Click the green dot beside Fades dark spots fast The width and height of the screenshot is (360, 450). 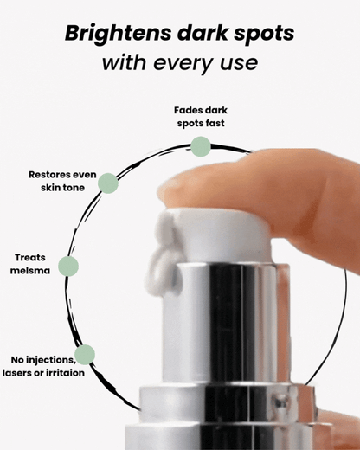point(200,146)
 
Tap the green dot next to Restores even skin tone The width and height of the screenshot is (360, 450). point(107,183)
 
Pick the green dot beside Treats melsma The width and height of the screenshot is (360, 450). point(67,266)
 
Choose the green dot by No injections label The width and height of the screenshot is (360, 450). point(85,354)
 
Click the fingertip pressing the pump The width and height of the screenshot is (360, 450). point(186,183)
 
